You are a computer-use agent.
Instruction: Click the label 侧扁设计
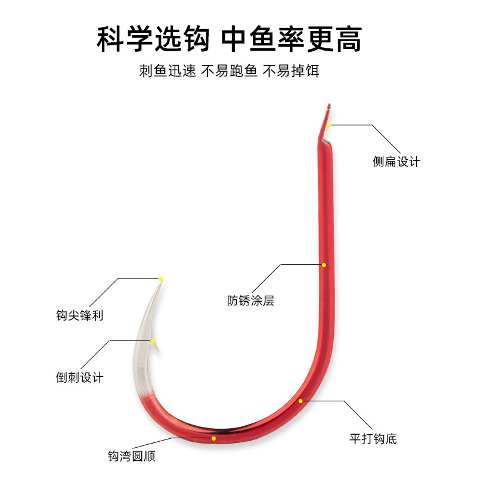(397, 162)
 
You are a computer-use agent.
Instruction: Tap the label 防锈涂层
(250, 301)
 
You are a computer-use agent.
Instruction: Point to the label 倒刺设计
(79, 377)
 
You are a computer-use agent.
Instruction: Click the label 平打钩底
(373, 439)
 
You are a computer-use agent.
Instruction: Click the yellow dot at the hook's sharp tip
(161, 279)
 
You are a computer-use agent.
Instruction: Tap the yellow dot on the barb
(153, 341)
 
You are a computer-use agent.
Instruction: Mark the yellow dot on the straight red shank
(324, 265)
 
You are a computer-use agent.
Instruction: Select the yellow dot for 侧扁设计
(329, 125)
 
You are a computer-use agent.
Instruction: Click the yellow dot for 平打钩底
(301, 401)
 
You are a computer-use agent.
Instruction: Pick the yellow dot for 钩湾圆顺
(214, 438)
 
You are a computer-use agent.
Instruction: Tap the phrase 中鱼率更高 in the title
(292, 39)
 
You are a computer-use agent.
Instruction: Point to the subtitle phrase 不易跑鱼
(229, 71)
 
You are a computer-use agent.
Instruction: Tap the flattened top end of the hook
(326, 113)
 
